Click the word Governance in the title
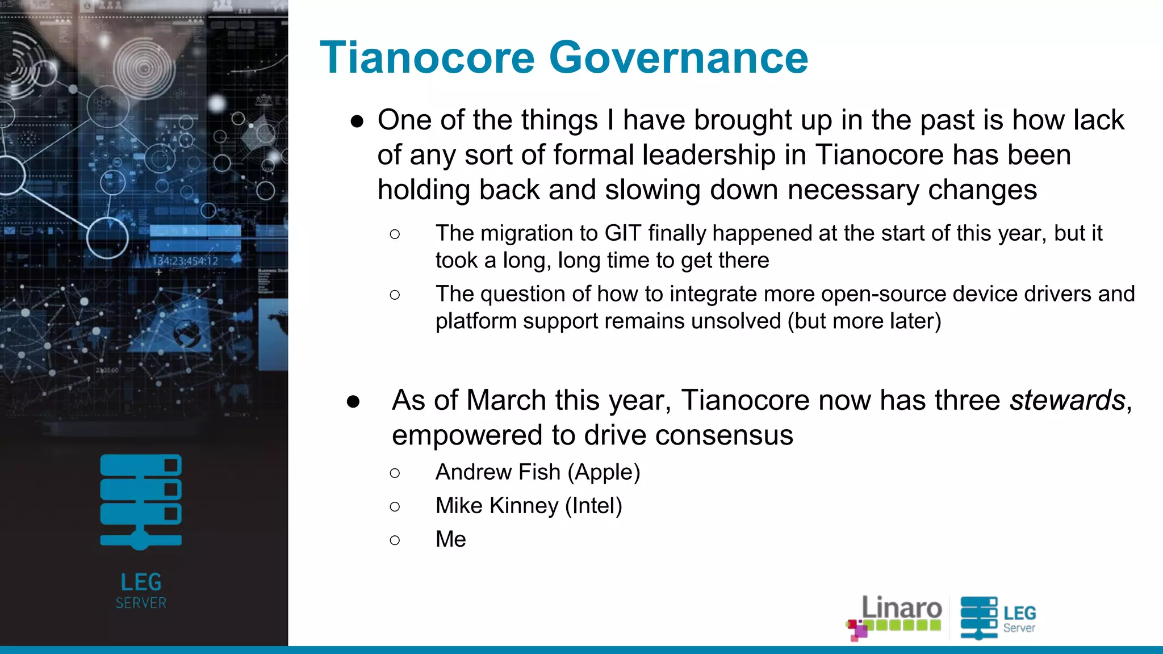coord(679,58)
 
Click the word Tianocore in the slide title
coord(428,58)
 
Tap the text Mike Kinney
coord(496,506)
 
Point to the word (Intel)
coord(593,506)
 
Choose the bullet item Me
coord(450,539)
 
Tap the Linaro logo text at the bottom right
coord(901,609)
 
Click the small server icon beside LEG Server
coord(978,618)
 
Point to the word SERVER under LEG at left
coord(141,603)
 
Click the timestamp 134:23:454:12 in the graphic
coord(185,261)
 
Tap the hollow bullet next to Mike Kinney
coord(395,506)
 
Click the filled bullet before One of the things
coord(357,121)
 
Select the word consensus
coord(724,435)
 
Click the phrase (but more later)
coord(864,321)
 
